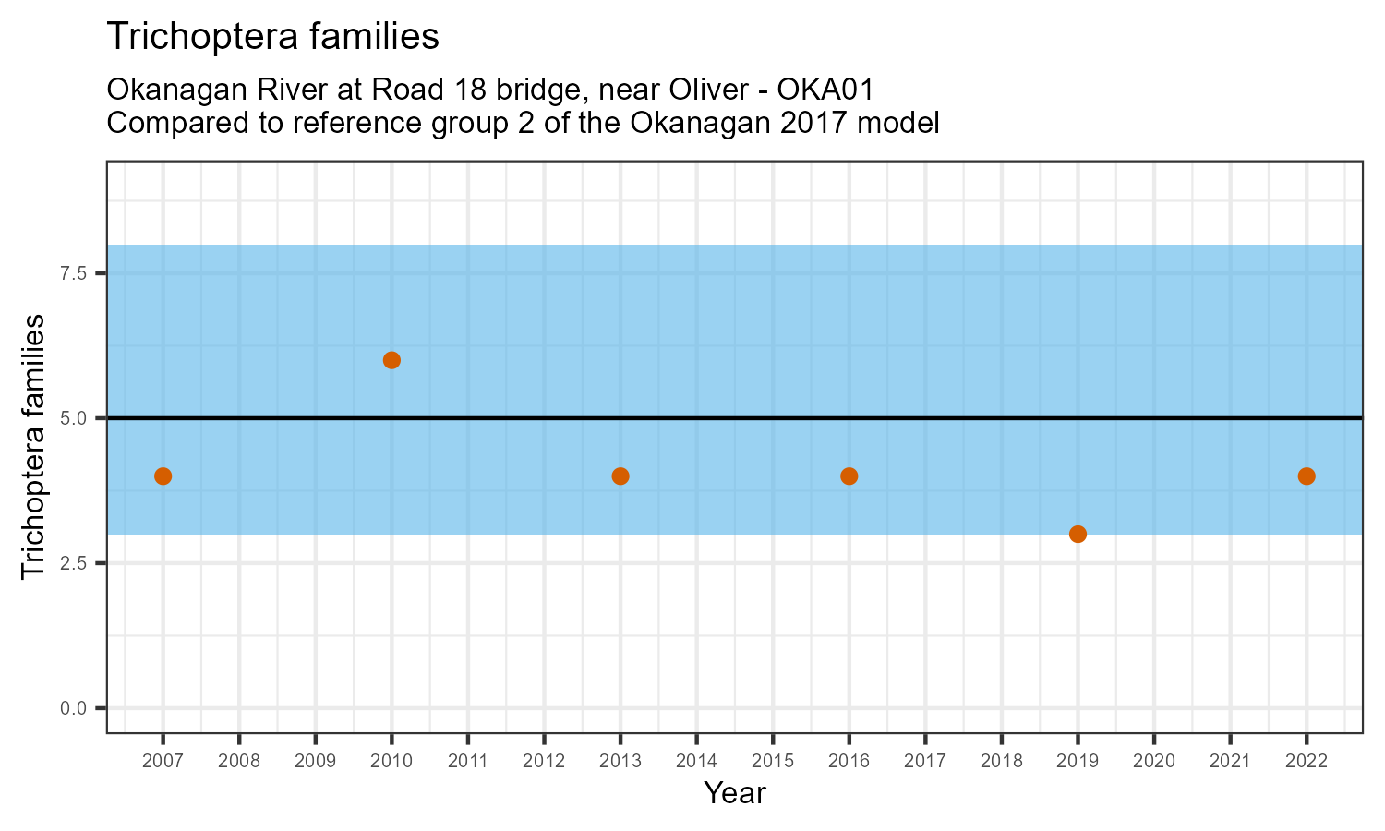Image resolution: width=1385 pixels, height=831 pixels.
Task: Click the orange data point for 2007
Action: click(x=163, y=476)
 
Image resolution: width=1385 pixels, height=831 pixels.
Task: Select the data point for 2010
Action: click(x=391, y=360)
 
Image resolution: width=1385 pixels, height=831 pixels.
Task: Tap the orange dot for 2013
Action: click(x=620, y=476)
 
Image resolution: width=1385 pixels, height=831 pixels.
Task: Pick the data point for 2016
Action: click(x=849, y=476)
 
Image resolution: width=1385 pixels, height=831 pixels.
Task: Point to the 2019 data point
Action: click(x=1078, y=534)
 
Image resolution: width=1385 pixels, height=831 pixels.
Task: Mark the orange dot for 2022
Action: click(x=1307, y=476)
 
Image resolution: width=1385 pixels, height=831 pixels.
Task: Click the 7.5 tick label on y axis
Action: click(x=74, y=273)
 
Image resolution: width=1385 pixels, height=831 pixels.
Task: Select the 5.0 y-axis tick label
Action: click(x=74, y=418)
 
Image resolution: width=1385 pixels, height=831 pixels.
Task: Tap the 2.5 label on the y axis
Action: click(x=74, y=563)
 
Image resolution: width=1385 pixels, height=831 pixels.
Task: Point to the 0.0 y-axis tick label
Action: click(x=74, y=708)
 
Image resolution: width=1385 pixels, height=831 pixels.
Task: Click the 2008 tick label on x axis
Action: click(x=239, y=762)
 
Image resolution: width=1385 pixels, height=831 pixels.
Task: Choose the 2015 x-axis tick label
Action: click(x=773, y=762)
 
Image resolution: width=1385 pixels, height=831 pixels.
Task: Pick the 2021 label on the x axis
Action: click(x=1230, y=762)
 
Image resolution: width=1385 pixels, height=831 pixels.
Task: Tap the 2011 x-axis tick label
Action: click(x=468, y=762)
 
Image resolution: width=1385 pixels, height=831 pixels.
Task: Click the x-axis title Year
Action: click(x=735, y=793)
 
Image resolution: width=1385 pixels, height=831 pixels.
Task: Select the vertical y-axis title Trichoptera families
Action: click(x=33, y=447)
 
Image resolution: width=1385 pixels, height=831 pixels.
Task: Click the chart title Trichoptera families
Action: click(x=272, y=37)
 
